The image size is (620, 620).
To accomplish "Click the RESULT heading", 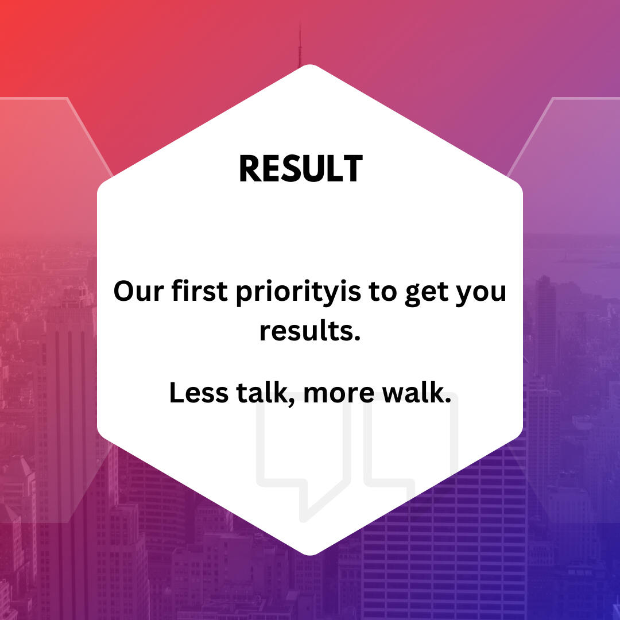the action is [x=300, y=168].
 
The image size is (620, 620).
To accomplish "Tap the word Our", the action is [x=138, y=291].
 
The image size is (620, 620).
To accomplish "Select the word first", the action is [x=200, y=290].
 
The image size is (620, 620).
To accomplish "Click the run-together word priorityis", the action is [x=299, y=293].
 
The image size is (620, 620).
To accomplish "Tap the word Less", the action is [x=199, y=393].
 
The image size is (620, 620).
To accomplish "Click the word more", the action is [x=339, y=394].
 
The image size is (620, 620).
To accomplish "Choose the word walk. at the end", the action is [x=417, y=393].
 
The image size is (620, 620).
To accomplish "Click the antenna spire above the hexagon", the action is [x=300, y=45].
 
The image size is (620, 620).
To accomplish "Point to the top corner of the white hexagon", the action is [x=310, y=64].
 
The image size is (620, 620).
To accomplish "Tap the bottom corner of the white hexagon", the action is [x=310, y=555].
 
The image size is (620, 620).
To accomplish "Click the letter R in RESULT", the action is [x=249, y=168].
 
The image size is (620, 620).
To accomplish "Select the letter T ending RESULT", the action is [x=353, y=168].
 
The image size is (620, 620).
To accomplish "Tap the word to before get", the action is [x=383, y=292].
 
